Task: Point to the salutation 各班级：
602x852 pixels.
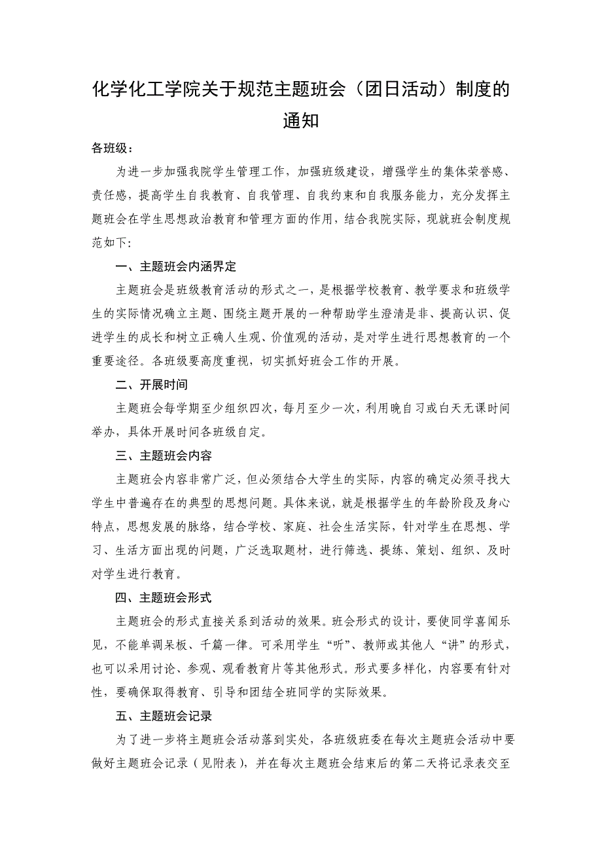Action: tap(113, 149)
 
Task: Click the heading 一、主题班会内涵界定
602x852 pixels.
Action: tap(175, 267)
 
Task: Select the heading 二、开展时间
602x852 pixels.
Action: tap(152, 385)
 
